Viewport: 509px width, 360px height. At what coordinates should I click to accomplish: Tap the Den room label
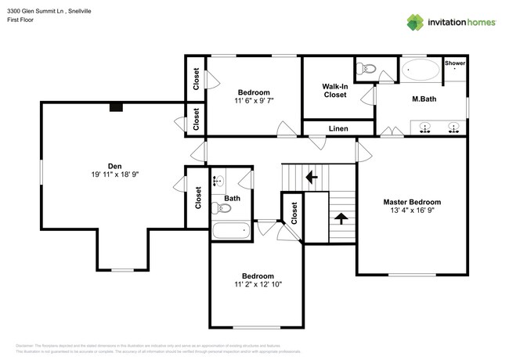click(x=114, y=165)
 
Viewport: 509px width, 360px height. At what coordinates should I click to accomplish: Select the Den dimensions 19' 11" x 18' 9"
click(x=114, y=174)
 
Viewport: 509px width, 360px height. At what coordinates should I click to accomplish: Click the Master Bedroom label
click(x=412, y=201)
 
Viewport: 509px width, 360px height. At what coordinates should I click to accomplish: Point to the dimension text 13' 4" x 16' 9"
click(x=412, y=210)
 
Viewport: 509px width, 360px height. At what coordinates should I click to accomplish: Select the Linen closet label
click(x=338, y=128)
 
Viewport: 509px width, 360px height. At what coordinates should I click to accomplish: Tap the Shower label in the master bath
click(x=455, y=63)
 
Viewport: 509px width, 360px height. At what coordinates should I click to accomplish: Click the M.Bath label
click(x=424, y=99)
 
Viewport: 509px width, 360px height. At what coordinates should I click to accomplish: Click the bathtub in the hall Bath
click(x=231, y=229)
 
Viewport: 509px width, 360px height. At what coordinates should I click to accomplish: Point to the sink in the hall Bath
click(x=218, y=181)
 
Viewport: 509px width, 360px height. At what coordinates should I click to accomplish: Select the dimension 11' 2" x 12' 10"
click(x=257, y=285)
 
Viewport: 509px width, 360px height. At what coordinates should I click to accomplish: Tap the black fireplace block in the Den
click(x=116, y=108)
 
